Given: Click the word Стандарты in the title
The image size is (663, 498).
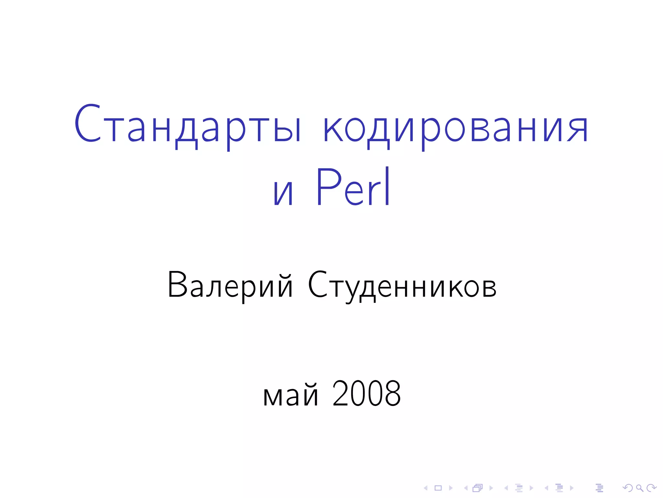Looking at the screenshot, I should point(188,125).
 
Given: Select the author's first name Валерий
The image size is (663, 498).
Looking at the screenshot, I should point(230,285).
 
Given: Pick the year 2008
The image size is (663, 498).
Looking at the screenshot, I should point(366,394).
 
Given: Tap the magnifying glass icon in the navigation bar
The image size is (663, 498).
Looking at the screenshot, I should point(639,488).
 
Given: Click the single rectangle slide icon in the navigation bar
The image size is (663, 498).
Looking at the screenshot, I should point(438,488).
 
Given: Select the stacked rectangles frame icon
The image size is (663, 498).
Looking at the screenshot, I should point(478,488).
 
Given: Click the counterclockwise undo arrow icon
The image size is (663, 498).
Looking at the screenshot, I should point(627,488).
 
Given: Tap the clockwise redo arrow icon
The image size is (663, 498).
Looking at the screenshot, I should point(651,488).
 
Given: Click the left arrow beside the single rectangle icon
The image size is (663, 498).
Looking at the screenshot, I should point(426,488).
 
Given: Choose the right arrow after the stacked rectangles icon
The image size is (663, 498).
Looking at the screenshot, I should point(491,488).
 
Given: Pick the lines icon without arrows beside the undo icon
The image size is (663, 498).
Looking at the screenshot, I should point(599,488).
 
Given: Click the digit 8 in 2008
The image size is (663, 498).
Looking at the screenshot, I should point(392,394).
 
